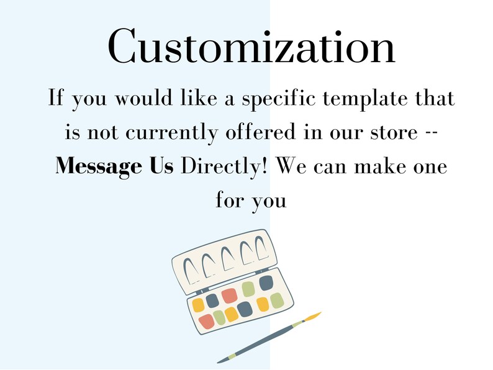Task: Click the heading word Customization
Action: [251, 46]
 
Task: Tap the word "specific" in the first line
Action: [278, 99]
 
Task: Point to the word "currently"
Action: [171, 132]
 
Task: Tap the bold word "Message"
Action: [98, 166]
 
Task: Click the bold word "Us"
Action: [161, 165]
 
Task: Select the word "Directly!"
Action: [225, 166]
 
